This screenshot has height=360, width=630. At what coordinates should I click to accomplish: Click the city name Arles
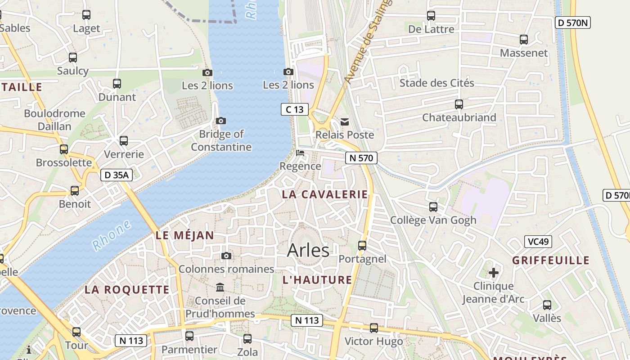(308, 250)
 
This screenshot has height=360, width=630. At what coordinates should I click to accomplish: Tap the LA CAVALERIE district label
(324, 194)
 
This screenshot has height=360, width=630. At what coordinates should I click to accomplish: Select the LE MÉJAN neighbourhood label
(184, 235)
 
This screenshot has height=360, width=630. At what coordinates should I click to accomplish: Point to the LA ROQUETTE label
(127, 290)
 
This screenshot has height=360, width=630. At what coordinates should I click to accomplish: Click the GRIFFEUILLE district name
(550, 261)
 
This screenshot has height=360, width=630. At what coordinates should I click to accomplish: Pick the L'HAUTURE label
(317, 280)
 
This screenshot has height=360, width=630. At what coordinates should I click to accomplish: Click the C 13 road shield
(295, 109)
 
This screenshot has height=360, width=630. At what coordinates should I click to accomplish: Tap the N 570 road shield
(361, 158)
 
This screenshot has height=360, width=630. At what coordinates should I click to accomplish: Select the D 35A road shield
(116, 175)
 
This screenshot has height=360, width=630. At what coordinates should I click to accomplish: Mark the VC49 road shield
(538, 242)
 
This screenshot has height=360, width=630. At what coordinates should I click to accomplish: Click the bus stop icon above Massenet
(524, 40)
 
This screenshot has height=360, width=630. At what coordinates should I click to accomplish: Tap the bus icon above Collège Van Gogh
(433, 207)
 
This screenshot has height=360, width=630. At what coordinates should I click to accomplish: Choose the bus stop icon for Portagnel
(362, 246)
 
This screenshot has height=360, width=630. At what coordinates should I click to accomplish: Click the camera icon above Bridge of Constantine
(220, 121)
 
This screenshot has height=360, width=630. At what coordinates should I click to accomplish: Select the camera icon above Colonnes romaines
(226, 256)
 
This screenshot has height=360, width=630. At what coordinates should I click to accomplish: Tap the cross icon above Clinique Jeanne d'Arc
(494, 273)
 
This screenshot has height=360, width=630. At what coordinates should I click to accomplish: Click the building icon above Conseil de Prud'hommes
(220, 287)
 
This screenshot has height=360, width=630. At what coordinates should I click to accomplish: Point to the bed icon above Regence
(300, 153)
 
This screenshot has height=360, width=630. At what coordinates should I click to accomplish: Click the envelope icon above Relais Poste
(345, 121)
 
